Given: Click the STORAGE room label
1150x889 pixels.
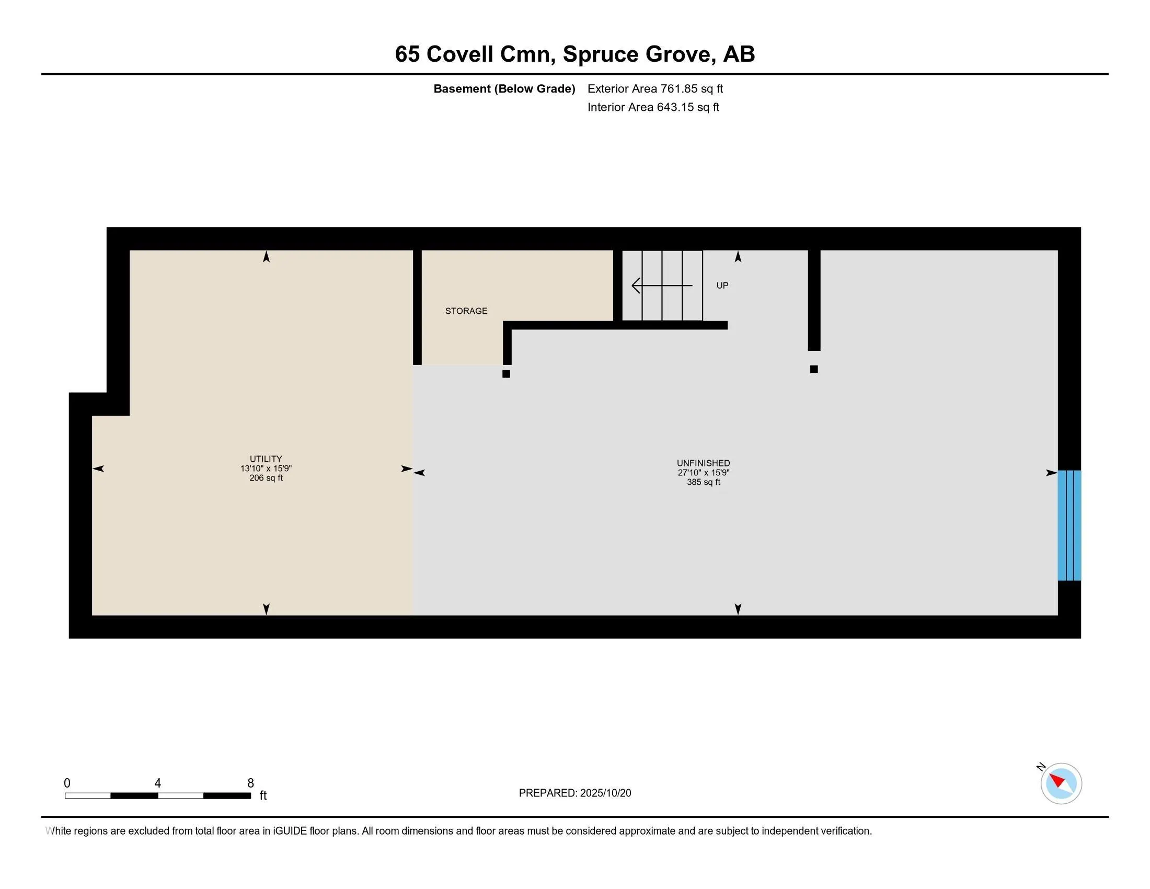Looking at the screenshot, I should click(x=466, y=311).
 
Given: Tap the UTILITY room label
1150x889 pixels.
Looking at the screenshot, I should click(x=266, y=459).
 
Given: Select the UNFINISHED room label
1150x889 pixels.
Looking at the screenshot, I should click(x=703, y=463).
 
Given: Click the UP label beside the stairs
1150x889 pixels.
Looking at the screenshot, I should click(x=722, y=286).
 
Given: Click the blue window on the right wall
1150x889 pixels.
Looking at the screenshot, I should click(x=1069, y=525).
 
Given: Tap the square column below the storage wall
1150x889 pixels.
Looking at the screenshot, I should click(x=506, y=374).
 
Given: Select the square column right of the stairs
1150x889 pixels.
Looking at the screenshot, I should click(x=813, y=369).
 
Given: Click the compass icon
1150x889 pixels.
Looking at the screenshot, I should click(x=1061, y=783).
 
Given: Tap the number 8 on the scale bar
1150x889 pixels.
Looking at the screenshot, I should click(x=250, y=783).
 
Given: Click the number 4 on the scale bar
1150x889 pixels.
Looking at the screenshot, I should click(x=157, y=783).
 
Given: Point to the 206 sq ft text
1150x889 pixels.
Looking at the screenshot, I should click(x=266, y=478).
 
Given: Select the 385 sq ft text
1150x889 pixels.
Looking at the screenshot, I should click(x=703, y=482).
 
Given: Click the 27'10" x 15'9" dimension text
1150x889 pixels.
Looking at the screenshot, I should click(x=703, y=472).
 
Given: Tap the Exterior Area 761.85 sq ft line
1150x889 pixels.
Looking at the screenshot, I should click(x=655, y=88).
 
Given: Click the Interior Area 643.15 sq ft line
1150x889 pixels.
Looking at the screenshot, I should click(x=653, y=107).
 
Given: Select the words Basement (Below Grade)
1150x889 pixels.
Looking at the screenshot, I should click(x=504, y=88).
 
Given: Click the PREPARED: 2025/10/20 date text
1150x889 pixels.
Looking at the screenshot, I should click(x=574, y=793).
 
